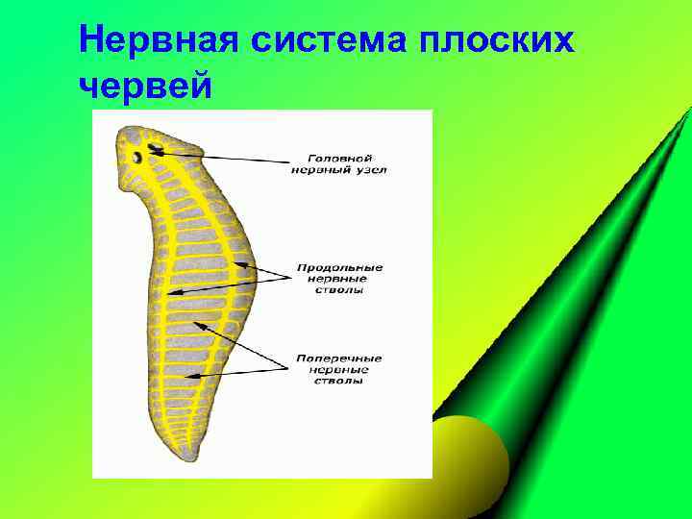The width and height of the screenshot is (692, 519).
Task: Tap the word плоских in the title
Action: (500, 41)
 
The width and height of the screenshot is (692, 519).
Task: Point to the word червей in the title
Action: (145, 86)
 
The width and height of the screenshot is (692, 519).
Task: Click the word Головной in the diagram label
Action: (340, 158)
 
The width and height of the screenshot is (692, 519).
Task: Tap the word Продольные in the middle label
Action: (339, 267)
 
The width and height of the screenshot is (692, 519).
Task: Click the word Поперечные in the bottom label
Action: (339, 358)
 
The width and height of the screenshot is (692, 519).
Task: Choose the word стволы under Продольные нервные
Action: (339, 290)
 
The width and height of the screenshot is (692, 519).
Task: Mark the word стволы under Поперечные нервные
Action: (339, 381)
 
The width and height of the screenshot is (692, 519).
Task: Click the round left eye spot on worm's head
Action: (137, 157)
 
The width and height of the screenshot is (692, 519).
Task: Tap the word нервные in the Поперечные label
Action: (339, 370)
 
